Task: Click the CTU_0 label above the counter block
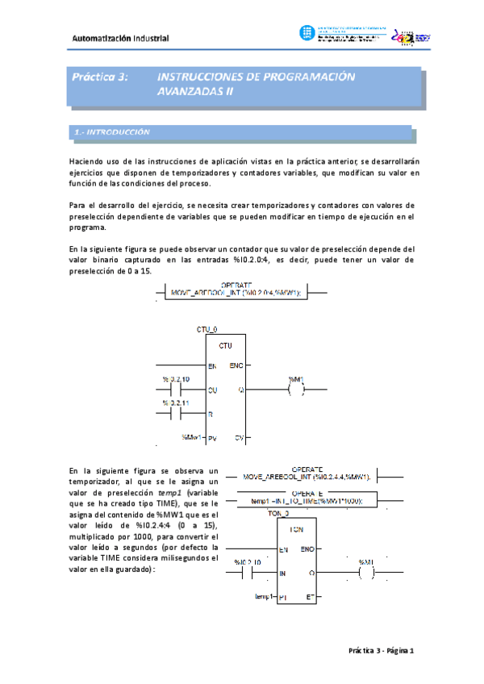[207, 330]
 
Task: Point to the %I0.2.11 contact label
[175, 402]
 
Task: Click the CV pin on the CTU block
[240, 438]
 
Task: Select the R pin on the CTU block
[211, 413]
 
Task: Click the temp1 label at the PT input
[263, 598]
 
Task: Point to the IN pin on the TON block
[283, 573]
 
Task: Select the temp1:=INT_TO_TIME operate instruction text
[302, 501]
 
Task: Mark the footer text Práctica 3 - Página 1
[380, 650]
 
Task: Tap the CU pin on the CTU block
[213, 390]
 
